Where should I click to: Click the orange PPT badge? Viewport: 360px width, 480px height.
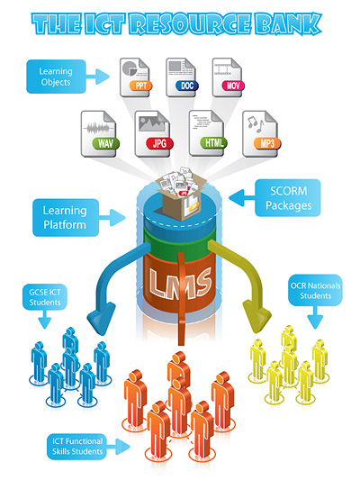coord(140,86)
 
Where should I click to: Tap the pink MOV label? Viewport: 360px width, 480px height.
coord(233,86)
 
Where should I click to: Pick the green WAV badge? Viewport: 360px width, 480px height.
coord(105,143)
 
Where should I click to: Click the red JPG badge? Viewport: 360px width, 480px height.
coord(159,143)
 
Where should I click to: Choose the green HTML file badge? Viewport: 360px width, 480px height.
coord(213,142)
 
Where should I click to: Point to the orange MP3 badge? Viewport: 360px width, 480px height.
coord(267,143)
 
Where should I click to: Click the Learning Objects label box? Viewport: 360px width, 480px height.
coord(56,77)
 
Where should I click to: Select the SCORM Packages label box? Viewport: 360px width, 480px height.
coord(288,198)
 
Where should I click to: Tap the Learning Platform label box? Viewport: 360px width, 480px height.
coord(66,218)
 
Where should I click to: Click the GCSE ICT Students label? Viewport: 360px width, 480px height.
coord(45,297)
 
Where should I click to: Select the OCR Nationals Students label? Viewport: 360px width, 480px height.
coord(315,290)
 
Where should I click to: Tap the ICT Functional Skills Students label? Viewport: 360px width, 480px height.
coord(76,447)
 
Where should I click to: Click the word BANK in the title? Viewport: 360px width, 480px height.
coord(288,23)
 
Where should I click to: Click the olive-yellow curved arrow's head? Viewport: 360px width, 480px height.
coord(256,316)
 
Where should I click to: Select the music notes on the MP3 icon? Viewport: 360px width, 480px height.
coord(256,123)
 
